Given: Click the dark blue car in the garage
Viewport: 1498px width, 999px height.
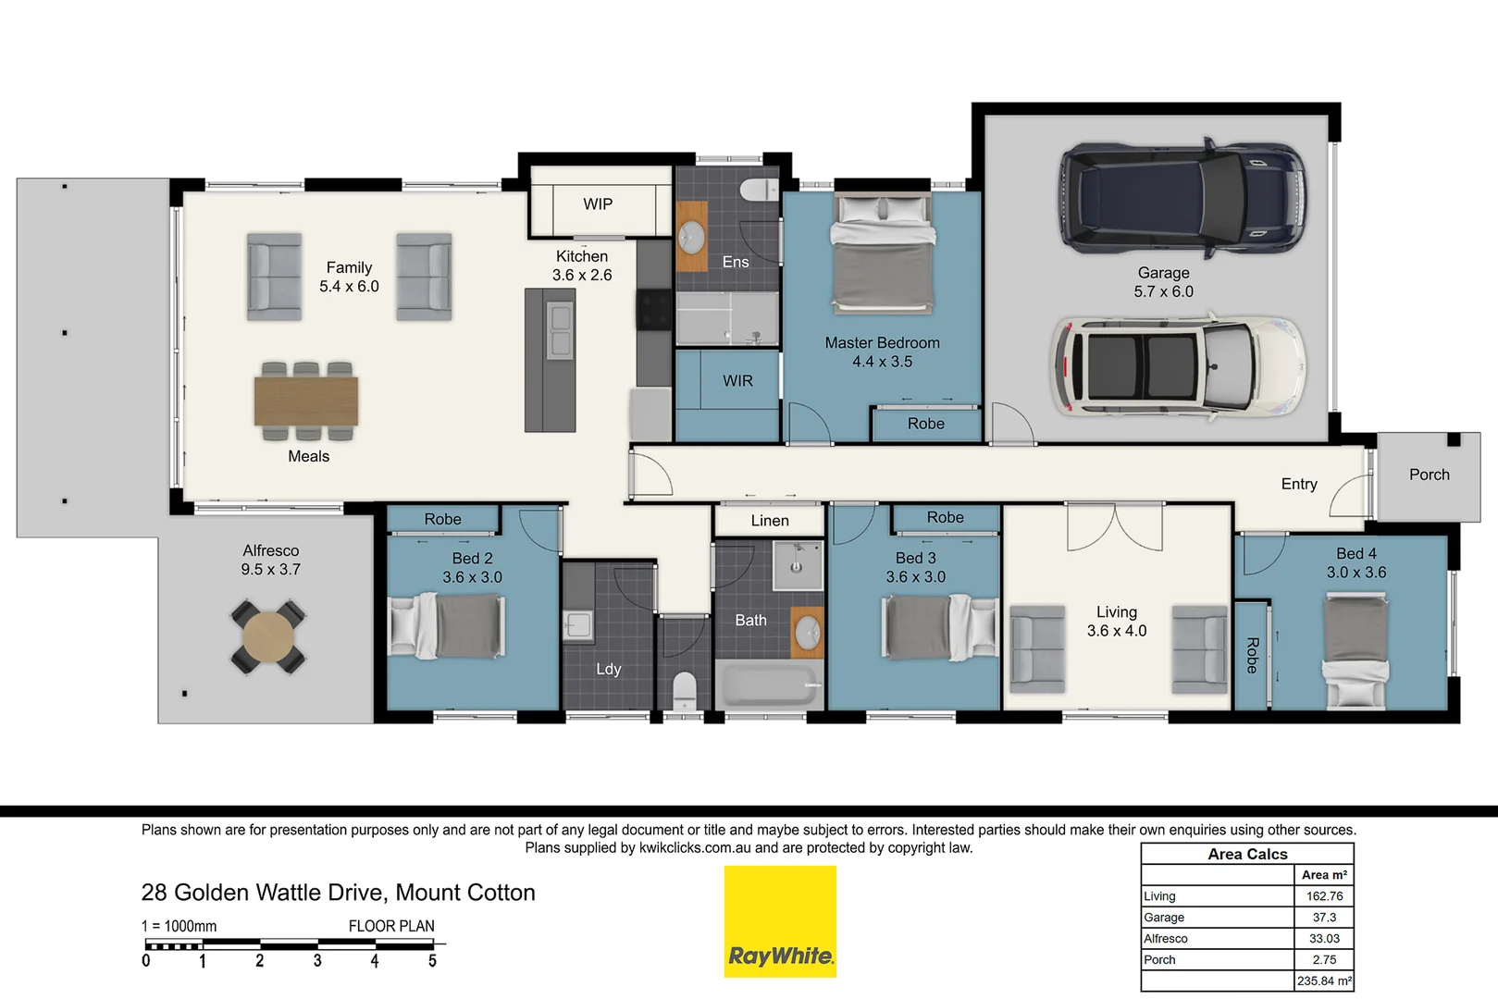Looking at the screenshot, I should click(1182, 199).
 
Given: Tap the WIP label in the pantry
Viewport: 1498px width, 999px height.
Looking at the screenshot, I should click(598, 204).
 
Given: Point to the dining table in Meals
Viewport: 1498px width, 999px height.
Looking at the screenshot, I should click(306, 401).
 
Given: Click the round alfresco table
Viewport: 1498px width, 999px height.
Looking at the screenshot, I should click(268, 636).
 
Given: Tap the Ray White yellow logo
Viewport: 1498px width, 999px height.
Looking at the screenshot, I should click(780, 921).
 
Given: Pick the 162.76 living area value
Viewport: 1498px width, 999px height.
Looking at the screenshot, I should click(1324, 896).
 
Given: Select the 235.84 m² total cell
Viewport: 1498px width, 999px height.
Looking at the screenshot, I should click(1324, 981).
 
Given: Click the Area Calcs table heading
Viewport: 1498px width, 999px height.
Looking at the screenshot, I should click(1247, 854).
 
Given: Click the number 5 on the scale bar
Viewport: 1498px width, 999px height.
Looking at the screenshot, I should click(432, 961).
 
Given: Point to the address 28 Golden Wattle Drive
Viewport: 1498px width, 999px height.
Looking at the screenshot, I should click(338, 893).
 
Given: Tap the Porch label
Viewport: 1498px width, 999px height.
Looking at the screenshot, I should click(1429, 475).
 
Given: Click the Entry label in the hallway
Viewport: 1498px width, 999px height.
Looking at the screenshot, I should click(1298, 484).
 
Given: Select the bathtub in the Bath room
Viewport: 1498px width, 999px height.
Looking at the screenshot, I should click(769, 685).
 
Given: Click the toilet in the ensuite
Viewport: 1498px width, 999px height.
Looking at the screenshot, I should click(760, 190).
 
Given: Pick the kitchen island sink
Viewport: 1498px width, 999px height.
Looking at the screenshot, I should click(560, 330).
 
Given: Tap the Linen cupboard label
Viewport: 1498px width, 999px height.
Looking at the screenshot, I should click(770, 521).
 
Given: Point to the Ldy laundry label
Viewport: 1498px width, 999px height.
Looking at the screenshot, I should click(608, 669).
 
